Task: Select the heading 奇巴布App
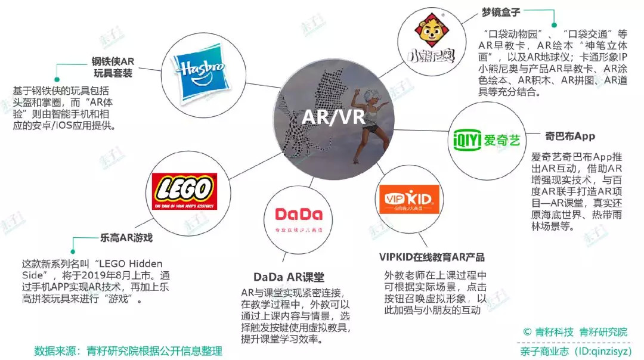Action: (x=570, y=136)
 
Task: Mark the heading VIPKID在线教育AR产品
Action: (x=432, y=257)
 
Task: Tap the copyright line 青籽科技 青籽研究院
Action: (x=575, y=332)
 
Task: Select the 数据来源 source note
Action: (x=128, y=351)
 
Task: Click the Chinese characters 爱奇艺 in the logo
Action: (x=501, y=141)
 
